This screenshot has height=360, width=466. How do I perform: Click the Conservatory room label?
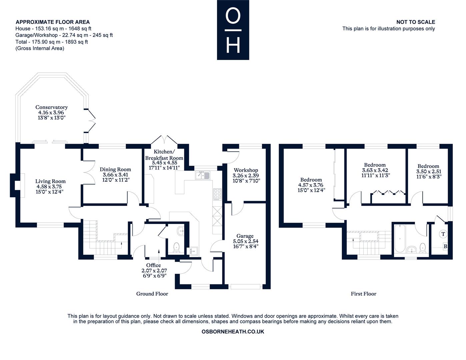pyautogui.click(x=51, y=107)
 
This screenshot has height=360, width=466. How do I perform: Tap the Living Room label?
pyautogui.click(x=50, y=181)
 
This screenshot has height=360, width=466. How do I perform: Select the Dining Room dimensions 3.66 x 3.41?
pyautogui.click(x=115, y=175)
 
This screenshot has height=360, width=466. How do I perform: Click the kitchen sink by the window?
pyautogui.click(x=202, y=175)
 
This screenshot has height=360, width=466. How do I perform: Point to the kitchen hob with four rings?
pyautogui.click(x=217, y=194)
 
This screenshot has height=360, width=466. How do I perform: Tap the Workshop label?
pyautogui.click(x=246, y=170)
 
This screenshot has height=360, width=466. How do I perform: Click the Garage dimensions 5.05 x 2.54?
pyautogui.click(x=246, y=241)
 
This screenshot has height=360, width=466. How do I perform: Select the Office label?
pyautogui.click(x=153, y=265)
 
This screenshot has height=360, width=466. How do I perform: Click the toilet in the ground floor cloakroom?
pyautogui.click(x=176, y=247)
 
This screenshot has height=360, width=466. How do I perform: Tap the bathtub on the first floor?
pyautogui.click(x=400, y=238)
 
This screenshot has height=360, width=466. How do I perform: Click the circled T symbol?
pyautogui.click(x=443, y=234)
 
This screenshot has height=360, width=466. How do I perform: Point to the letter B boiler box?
pyautogui.click(x=445, y=246)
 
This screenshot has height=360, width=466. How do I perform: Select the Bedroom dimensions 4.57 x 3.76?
pyautogui.click(x=311, y=185)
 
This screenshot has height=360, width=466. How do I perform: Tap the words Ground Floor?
pyautogui.click(x=152, y=294)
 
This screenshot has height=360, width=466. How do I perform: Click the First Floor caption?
pyautogui.click(x=363, y=294)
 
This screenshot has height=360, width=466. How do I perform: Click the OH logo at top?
pyautogui.click(x=233, y=30)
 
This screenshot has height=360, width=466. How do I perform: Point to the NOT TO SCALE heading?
pyautogui.click(x=416, y=22)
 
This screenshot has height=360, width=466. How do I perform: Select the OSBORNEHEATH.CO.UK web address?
pyautogui.click(x=233, y=332)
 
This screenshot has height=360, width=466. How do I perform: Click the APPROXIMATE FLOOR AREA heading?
pyautogui.click(x=53, y=22)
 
